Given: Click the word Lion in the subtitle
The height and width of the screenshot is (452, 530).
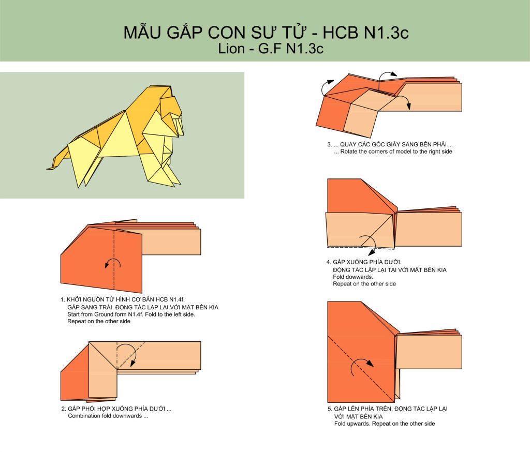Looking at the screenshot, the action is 231,48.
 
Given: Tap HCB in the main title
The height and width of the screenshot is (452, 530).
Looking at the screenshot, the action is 341,33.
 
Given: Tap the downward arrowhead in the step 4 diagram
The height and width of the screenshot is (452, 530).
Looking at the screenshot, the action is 372,252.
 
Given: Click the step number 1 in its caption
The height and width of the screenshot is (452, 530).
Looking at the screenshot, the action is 62,299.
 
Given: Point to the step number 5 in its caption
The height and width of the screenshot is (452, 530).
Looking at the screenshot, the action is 329,409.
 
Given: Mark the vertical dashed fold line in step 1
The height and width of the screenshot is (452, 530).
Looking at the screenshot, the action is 114,260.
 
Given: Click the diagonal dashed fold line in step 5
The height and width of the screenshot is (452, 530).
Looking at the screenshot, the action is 361,368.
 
